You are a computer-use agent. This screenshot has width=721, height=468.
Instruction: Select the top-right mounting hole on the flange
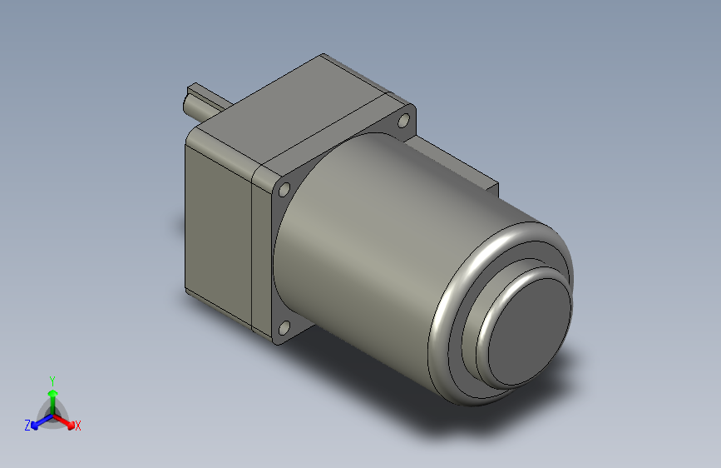point(404,122)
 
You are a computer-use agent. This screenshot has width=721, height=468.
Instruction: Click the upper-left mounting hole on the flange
point(283,191)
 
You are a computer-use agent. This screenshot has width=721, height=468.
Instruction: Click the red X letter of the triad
point(78,426)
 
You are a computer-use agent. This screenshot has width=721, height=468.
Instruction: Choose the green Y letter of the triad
point(52,379)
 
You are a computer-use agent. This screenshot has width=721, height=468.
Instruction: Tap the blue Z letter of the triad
point(27,425)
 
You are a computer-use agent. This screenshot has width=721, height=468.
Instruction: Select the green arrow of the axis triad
point(52,396)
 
